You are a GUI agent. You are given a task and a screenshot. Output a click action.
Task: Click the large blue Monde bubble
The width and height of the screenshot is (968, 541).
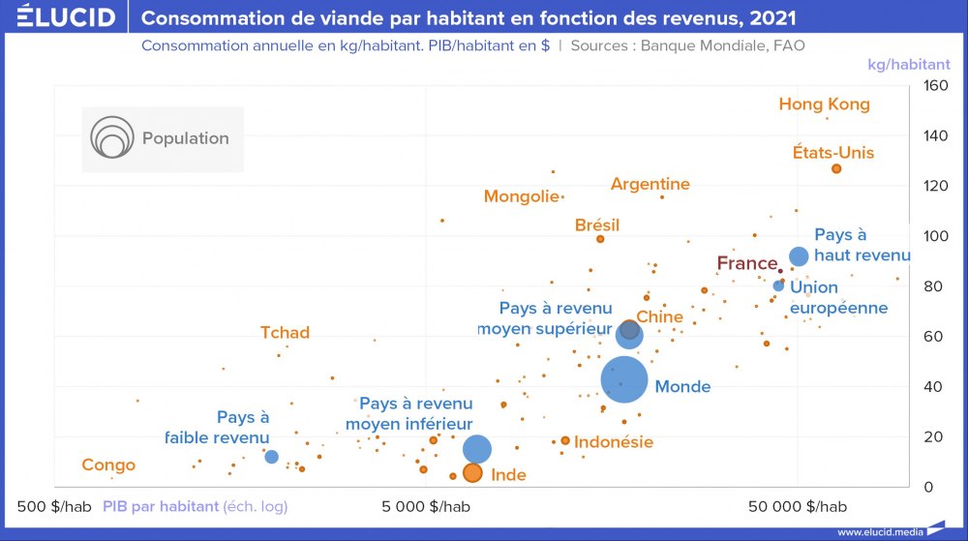tap(624, 379)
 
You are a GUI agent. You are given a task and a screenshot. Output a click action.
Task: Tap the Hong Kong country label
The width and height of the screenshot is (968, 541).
tap(824, 105)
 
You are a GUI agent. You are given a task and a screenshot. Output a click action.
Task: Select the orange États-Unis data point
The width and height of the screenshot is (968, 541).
tap(836, 169)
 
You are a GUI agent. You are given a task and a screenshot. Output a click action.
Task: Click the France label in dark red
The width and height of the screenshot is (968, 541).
tap(746, 263)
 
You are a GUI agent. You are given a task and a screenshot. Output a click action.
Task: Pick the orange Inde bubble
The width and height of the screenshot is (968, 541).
tap(472, 473)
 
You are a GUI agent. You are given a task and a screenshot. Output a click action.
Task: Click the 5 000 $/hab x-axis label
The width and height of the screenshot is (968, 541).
tap(426, 506)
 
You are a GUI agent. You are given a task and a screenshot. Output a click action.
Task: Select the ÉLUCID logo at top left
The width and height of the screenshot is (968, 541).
tap(65, 17)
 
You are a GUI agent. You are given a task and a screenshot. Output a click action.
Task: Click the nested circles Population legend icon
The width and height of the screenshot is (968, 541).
tap(111, 139)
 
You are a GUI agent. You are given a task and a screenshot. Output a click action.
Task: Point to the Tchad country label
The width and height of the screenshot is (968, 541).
tap(285, 333)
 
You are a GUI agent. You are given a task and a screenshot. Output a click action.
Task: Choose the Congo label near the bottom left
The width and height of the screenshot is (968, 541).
tap(108, 466)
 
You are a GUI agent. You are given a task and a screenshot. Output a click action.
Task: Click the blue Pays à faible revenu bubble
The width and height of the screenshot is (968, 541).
tap(272, 457)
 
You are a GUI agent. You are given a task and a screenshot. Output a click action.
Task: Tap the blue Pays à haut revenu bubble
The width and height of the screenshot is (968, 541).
tap(799, 256)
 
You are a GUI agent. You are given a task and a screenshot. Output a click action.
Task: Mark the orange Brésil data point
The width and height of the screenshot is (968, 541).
tap(600, 239)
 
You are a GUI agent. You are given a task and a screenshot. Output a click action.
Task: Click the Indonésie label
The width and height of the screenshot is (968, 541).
tap(613, 442)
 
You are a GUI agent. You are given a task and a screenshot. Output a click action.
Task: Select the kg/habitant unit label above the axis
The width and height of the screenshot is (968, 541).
tap(908, 65)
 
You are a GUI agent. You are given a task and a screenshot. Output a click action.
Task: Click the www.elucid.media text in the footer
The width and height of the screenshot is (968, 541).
tap(879, 531)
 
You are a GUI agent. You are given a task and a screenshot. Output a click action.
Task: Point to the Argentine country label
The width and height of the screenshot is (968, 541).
tap(650, 184)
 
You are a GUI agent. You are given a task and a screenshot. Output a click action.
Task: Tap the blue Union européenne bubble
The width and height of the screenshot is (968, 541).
tap(778, 286)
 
